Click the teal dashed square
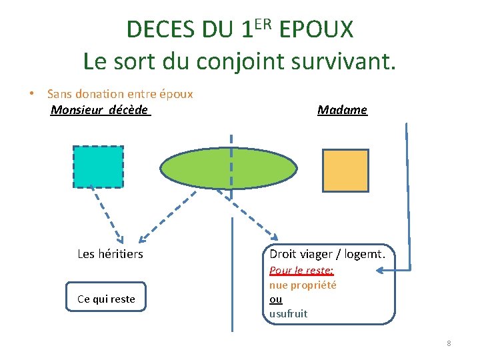(x=98, y=167)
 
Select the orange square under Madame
(x=345, y=170)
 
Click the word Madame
(x=342, y=110)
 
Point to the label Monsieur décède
(x=100, y=110)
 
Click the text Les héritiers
(x=110, y=254)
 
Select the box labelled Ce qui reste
(x=106, y=299)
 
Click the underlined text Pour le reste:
(x=301, y=271)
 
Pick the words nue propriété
(x=303, y=285)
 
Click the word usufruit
(x=289, y=313)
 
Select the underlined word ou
(x=275, y=299)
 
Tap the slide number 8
(x=449, y=343)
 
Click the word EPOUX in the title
(x=316, y=30)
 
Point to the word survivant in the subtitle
(x=351, y=61)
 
